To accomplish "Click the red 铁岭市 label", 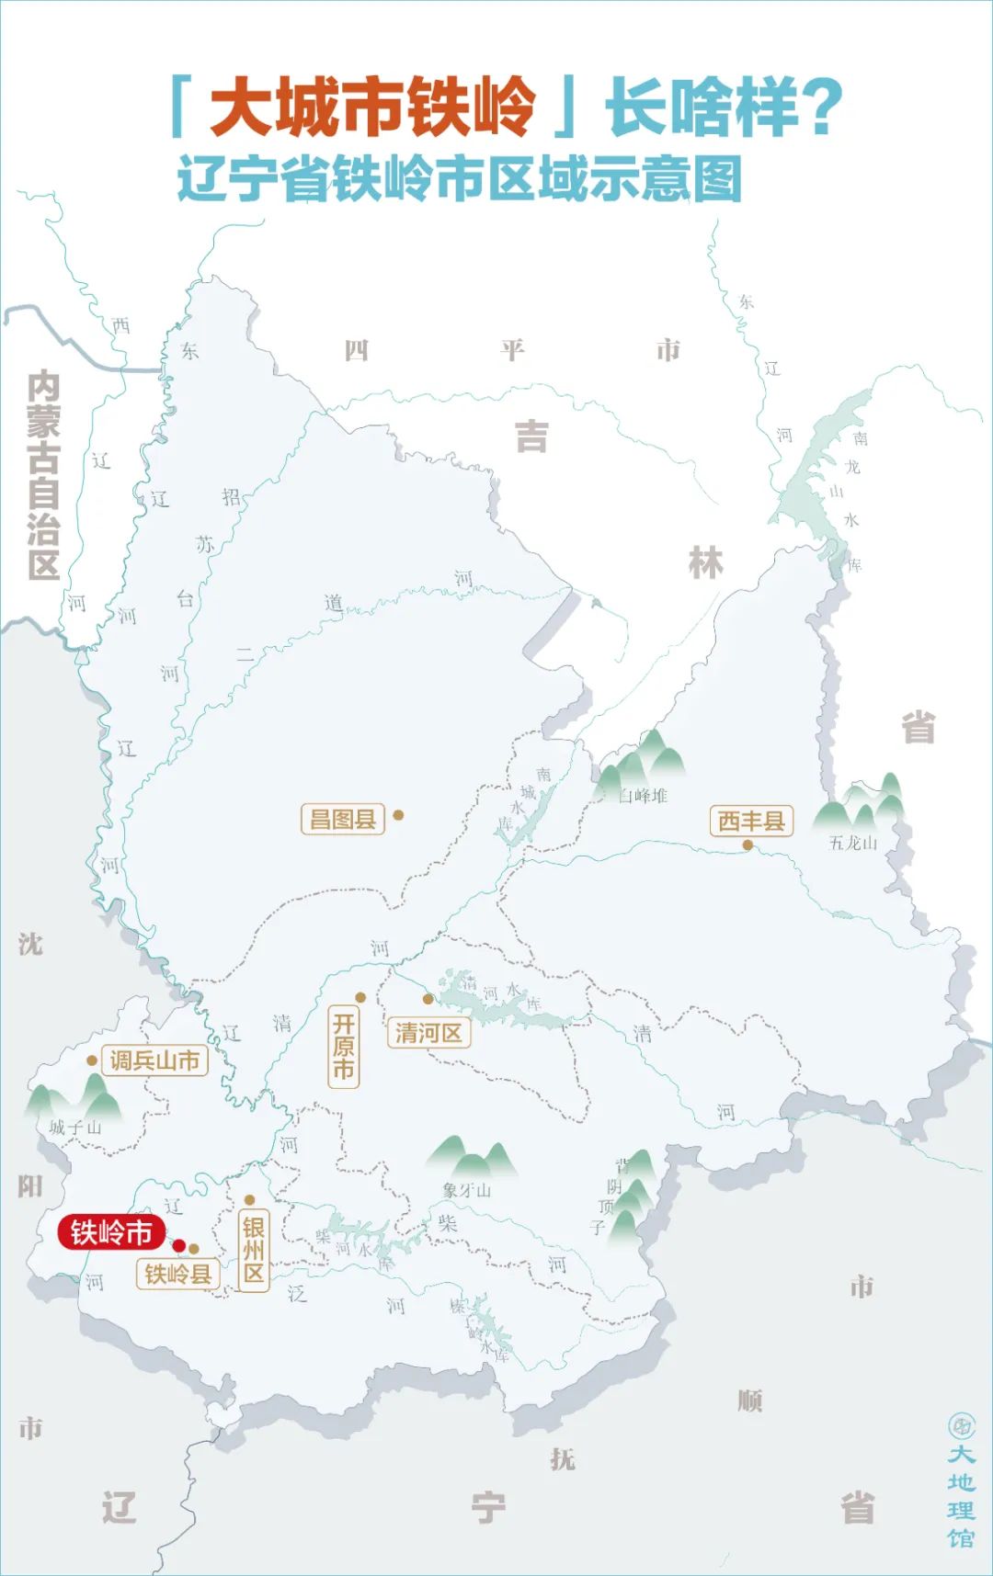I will click(111, 1232).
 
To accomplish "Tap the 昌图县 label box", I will click(342, 819).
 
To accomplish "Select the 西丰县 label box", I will click(750, 821).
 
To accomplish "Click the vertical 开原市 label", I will click(343, 1047).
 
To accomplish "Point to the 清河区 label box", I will click(428, 1033).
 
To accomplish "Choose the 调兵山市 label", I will click(154, 1060).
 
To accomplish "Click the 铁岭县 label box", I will click(177, 1274).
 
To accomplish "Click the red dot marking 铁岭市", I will click(180, 1246).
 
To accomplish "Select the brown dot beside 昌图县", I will click(398, 814).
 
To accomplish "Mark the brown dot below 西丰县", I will click(748, 845).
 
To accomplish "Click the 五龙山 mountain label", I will click(852, 843).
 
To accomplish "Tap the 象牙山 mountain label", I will click(466, 1190).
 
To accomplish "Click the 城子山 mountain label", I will click(75, 1128).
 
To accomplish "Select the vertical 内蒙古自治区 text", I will click(43, 475).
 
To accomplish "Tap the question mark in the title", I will click(820, 108).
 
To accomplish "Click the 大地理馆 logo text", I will click(961, 1495).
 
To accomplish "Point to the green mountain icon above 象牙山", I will click(472, 1157).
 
